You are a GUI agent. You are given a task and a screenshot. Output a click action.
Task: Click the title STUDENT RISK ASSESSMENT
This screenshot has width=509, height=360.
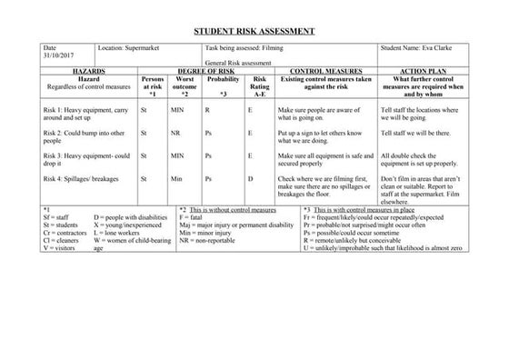(254, 32)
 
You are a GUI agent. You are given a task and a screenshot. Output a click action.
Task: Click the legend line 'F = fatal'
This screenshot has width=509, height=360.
(192, 218)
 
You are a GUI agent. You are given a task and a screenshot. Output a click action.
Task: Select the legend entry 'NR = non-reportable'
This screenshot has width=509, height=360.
(212, 240)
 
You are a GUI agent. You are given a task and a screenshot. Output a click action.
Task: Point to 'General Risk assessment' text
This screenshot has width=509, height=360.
(239, 62)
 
